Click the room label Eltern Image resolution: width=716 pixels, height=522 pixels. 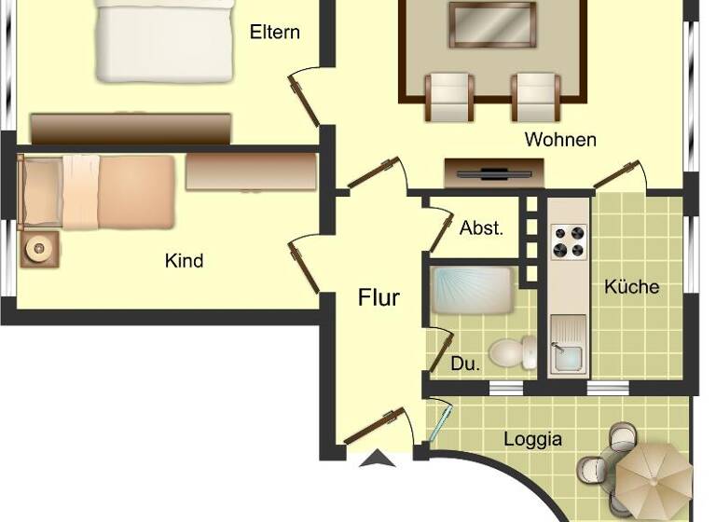coord(275,32)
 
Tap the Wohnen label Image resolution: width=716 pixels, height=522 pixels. coord(560,140)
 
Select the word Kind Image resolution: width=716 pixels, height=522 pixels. coord(184,261)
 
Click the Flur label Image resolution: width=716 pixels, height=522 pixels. coord(379,298)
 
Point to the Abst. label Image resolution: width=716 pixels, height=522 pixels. coord(481,228)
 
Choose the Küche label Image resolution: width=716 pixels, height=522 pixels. coord(631,286)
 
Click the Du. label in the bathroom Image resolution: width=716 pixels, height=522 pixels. coord(466,364)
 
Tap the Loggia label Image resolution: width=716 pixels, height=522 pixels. coord(532,438)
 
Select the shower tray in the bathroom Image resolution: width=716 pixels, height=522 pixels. coord(473,291)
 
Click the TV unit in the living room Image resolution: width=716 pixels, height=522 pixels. coord(493,172)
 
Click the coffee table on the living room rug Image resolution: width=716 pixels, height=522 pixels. coord(492,25)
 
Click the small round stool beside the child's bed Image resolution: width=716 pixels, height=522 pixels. coord(39,249)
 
